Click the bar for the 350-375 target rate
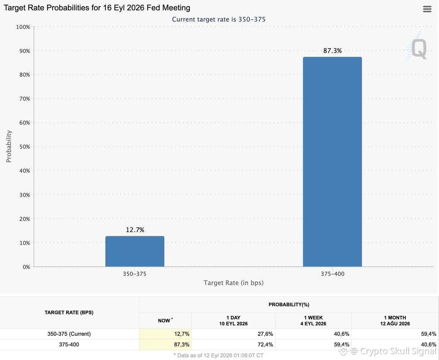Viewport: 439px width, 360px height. pos(135,251)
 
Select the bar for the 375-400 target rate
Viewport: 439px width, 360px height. pos(332,162)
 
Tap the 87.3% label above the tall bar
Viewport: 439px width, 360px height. pos(333,50)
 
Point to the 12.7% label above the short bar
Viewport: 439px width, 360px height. pos(135,230)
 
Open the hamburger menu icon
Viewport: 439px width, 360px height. pos(427,9)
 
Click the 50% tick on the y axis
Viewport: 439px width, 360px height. pos(25,147)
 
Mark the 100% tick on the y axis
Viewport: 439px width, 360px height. pos(23,27)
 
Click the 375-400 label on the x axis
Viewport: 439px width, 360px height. pos(333,274)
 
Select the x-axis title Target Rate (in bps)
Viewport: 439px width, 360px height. pos(233,283)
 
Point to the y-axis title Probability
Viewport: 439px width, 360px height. pos(9,146)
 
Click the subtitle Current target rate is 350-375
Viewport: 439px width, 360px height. pos(218,19)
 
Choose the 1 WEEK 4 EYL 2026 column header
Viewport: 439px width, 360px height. pos(313,321)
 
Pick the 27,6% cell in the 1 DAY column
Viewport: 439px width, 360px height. pos(265,334)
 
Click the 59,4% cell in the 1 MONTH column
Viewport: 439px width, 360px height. pos(429,334)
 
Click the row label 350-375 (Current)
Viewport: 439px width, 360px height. pos(69,334)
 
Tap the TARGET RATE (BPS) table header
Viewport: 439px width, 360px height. pos(69,312)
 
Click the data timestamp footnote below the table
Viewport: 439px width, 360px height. pos(218,355)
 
